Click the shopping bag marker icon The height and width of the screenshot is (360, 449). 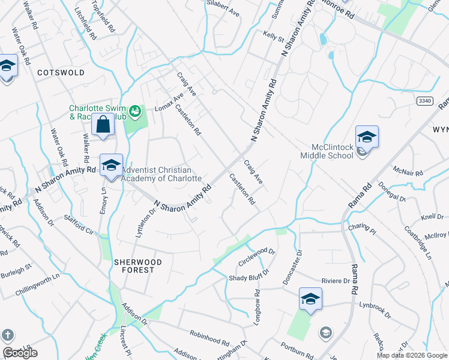[103, 125]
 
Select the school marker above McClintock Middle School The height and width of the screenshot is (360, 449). [366, 137]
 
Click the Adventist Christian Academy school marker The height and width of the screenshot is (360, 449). [111, 165]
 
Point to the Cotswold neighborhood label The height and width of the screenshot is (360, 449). [61, 73]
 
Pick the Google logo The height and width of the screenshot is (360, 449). [20, 353]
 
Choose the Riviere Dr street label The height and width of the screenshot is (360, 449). [336, 280]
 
